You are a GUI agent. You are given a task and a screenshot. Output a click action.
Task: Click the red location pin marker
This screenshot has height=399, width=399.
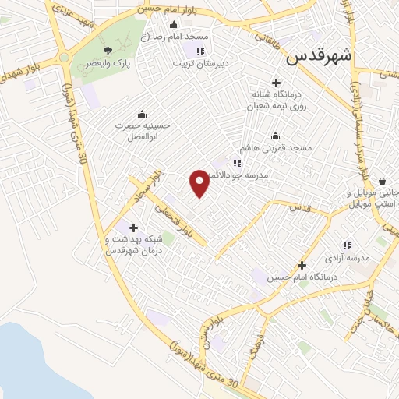click(x=199, y=182)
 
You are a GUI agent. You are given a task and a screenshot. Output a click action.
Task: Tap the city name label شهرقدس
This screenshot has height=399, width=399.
click(x=320, y=56)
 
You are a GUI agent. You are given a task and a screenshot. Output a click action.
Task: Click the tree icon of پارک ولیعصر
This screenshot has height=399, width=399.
click(x=118, y=50)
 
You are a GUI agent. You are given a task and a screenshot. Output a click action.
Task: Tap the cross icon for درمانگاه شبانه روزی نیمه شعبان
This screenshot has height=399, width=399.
click(x=275, y=82)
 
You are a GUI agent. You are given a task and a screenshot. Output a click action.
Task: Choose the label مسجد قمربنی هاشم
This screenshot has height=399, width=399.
click(x=275, y=147)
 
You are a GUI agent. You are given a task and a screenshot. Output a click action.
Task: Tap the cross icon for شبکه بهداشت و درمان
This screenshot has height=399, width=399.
click(x=133, y=228)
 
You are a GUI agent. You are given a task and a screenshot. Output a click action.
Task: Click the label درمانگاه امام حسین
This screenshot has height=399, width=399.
click(x=302, y=277)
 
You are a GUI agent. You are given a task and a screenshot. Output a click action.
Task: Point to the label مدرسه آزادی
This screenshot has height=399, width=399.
click(x=347, y=258)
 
